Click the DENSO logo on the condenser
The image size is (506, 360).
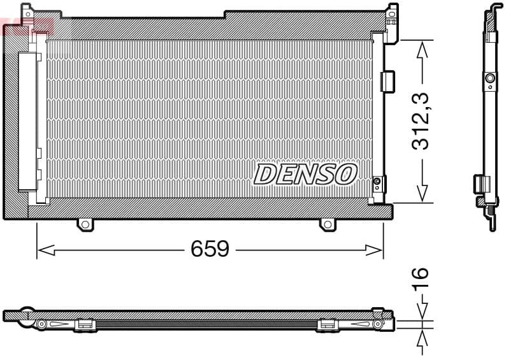coord(305,174)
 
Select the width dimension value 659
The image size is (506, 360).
coord(210,249)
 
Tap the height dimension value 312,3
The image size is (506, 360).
coord(421,121)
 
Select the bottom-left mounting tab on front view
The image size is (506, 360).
coord(85,224)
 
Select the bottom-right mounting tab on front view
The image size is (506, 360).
coord(327,224)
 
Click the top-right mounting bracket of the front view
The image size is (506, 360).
coord(391,13)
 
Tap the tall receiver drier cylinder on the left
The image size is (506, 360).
coord(28,121)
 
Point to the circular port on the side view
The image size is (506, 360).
coord(490,79)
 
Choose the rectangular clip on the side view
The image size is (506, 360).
coord(479,184)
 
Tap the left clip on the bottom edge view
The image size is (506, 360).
coord(85,325)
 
